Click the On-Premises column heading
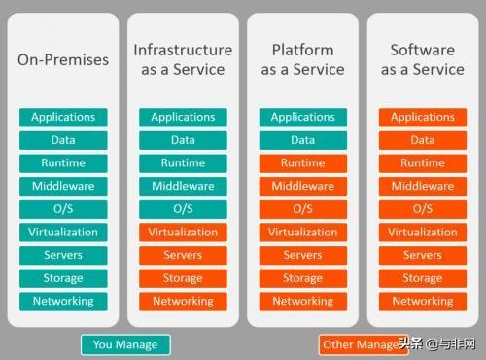pyautogui.click(x=63, y=60)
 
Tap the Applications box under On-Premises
pyautogui.click(x=63, y=117)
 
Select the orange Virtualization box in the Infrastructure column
pyautogui.click(x=183, y=233)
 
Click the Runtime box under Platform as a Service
pyautogui.click(x=302, y=163)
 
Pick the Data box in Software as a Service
pyautogui.click(x=422, y=140)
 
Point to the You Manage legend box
pyautogui.click(x=124, y=344)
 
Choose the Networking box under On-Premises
pyautogui.click(x=63, y=302)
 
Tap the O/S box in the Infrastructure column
pyautogui.click(x=183, y=209)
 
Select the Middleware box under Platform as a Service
pyautogui.click(x=302, y=186)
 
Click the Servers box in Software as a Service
pyautogui.click(x=422, y=256)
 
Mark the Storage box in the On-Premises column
pyautogui.click(x=63, y=278)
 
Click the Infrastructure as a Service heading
pyautogui.click(x=183, y=59)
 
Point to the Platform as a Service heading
pyautogui.click(x=302, y=59)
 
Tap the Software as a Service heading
pyautogui.click(x=422, y=59)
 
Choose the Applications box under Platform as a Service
pyautogui.click(x=302, y=117)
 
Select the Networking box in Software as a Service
pyautogui.click(x=422, y=302)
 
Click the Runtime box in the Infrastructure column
pyautogui.click(x=183, y=163)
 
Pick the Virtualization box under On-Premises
pyautogui.click(x=63, y=233)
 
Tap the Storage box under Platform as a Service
pyautogui.click(x=302, y=278)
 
